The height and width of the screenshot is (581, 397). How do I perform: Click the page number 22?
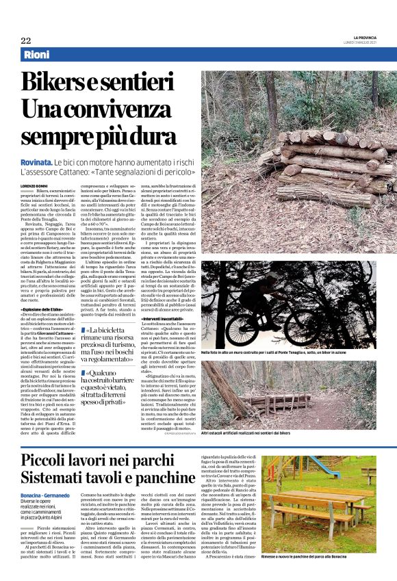tap(25, 40)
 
